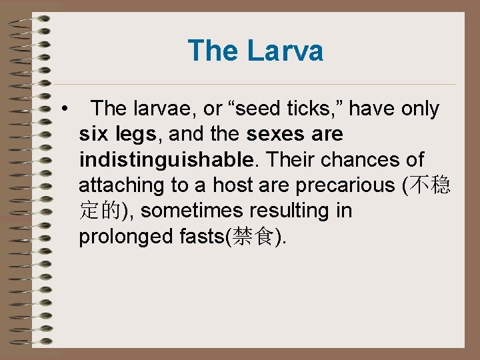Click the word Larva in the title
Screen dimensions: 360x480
click(x=285, y=51)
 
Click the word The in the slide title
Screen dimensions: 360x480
click(x=213, y=51)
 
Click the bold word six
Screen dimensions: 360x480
click(x=94, y=135)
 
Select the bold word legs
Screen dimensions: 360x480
click(x=135, y=135)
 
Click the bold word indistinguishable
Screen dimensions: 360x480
click(x=166, y=160)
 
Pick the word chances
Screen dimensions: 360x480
click(x=357, y=160)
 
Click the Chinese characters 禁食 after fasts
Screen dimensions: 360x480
click(x=253, y=237)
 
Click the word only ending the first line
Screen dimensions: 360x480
click(x=418, y=109)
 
